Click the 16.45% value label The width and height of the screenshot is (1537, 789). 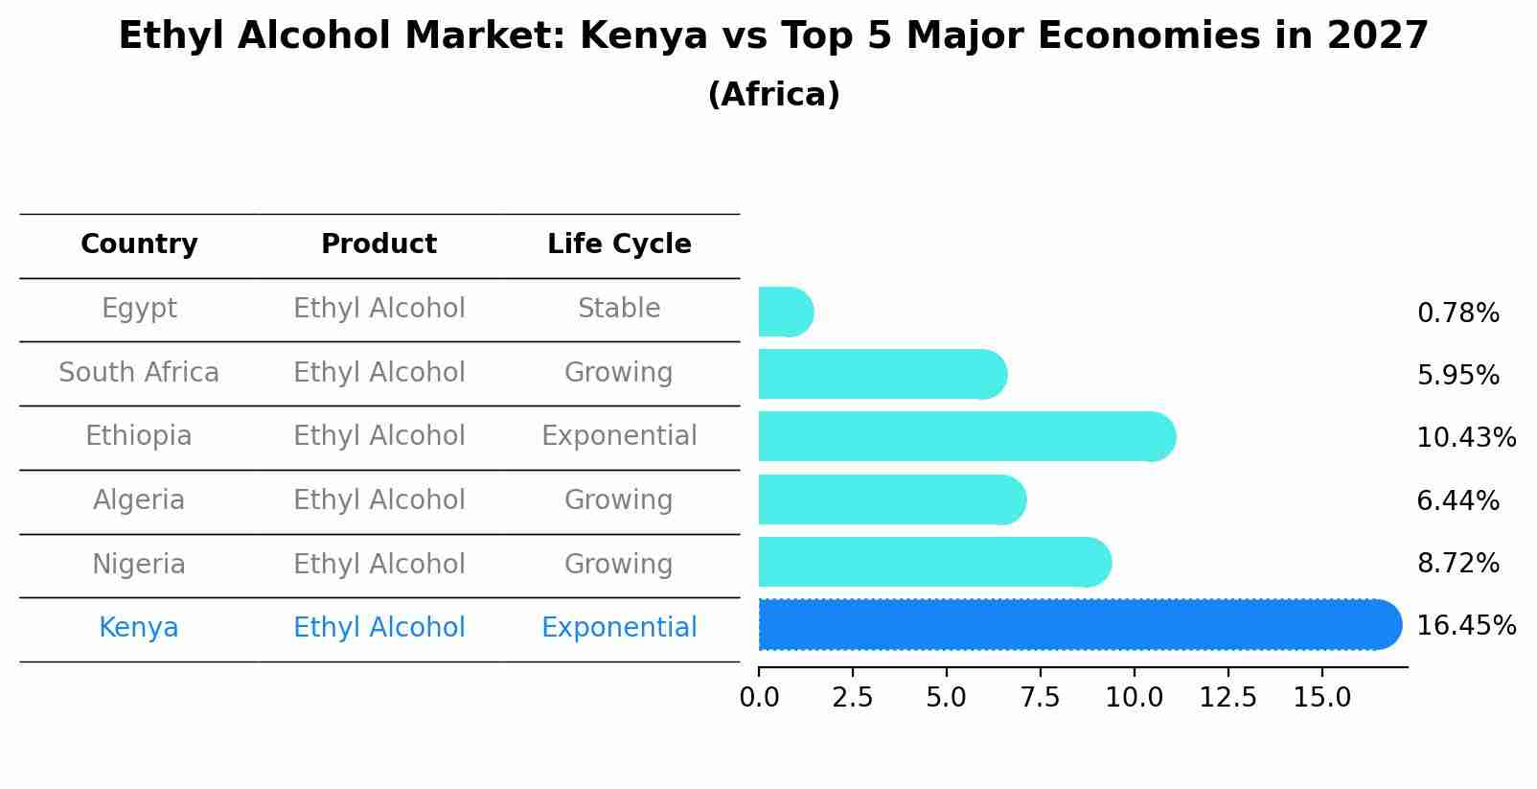pos(1465,626)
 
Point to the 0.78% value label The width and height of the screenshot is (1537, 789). pos(1457,313)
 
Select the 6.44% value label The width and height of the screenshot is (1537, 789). pos(1457,500)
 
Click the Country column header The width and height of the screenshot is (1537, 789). pos(139,244)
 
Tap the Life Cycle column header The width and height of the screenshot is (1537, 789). pos(619,244)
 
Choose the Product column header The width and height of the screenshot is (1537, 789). pos(379,244)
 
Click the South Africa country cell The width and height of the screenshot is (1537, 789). pos(139,373)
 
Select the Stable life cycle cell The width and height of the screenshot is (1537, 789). pos(619,309)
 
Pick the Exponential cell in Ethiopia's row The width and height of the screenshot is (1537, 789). pos(619,436)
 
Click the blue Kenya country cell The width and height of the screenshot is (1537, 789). pos(139,628)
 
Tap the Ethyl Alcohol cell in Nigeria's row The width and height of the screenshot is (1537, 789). pos(379,565)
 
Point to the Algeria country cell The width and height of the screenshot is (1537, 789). pos(139,500)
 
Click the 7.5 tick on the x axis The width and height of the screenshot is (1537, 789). pos(1040,698)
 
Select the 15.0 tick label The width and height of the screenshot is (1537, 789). pos(1321,698)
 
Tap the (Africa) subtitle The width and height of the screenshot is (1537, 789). pos(773,95)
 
